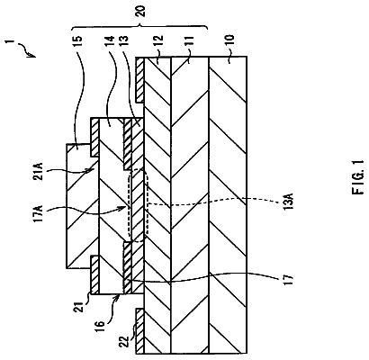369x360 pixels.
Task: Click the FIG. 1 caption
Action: [x=358, y=176]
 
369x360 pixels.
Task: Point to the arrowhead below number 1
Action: [x=32, y=55]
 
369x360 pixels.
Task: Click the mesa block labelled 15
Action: [x=83, y=206]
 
